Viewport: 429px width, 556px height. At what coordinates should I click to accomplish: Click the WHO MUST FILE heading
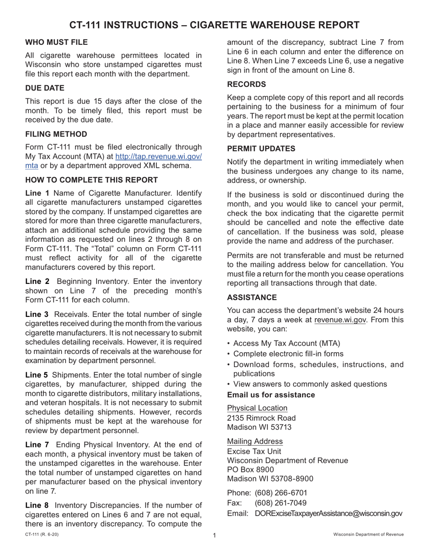(x=56, y=42)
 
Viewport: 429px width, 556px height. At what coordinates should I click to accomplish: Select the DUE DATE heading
(x=44, y=88)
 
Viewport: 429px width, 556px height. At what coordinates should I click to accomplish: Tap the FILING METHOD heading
(x=56, y=134)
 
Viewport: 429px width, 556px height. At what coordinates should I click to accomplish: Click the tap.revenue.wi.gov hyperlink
(x=159, y=156)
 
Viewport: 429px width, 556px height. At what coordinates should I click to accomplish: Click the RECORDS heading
(x=246, y=85)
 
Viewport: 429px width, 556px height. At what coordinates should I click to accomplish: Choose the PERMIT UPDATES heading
(x=261, y=148)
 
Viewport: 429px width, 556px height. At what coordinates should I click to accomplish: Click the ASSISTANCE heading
(x=251, y=297)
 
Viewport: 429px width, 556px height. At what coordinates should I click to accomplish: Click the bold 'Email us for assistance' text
(x=271, y=395)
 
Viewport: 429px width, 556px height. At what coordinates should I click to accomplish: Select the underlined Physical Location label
(x=257, y=408)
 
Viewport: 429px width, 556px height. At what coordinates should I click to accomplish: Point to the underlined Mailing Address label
(x=255, y=441)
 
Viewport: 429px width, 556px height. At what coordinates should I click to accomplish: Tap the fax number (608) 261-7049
(x=281, y=503)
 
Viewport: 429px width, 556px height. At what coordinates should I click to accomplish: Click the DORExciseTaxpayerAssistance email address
(x=328, y=514)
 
